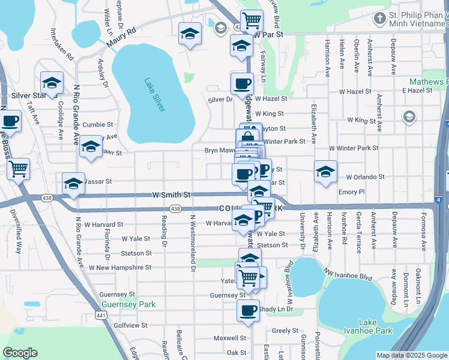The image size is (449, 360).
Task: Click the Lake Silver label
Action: (155, 94)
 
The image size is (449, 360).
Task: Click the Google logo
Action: (20, 353)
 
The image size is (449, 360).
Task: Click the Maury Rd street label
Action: (122, 37)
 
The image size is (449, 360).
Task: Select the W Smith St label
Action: (171, 195)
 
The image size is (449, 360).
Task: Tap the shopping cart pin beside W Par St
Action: (252, 21)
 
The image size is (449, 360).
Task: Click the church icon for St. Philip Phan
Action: (379, 18)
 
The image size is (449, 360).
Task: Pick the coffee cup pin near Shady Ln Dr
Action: (248, 311)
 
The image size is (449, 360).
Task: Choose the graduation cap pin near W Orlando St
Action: (325, 172)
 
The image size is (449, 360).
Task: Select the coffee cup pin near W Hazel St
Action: (242, 84)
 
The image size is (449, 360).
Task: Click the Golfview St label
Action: (130, 325)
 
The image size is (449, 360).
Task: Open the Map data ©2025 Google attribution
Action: (411, 355)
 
